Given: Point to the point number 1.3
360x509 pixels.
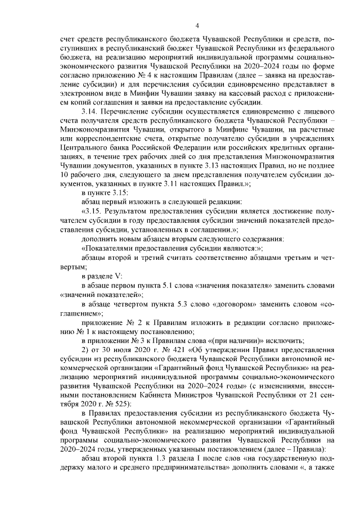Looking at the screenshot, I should (158, 459).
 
